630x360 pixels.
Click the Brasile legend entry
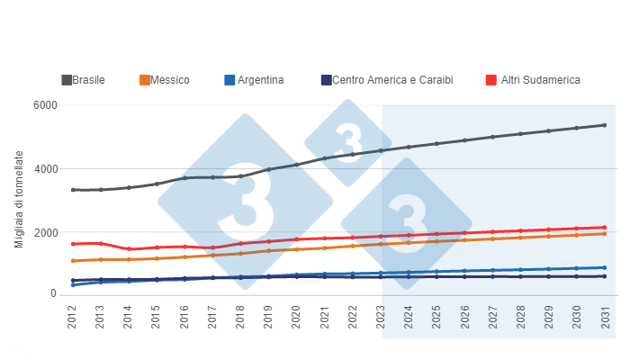point(88,80)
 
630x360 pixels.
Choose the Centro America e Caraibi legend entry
point(391,80)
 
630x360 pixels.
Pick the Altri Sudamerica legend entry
point(535,80)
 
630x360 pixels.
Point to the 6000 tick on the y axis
point(46,106)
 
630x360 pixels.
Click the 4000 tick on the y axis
point(46,169)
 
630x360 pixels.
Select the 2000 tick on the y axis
point(46,232)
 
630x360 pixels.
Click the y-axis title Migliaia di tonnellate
point(20,200)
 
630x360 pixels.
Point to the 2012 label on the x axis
point(73,319)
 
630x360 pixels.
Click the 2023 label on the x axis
point(381,319)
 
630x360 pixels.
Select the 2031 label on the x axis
point(604,319)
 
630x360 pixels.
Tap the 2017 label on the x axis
point(212,319)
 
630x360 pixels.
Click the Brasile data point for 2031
point(604,125)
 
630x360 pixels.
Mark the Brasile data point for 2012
point(73,190)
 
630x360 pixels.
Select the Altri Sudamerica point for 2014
point(129,249)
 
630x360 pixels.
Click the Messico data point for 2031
point(604,234)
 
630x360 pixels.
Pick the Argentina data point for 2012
point(73,284)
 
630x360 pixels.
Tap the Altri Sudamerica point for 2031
point(604,228)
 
